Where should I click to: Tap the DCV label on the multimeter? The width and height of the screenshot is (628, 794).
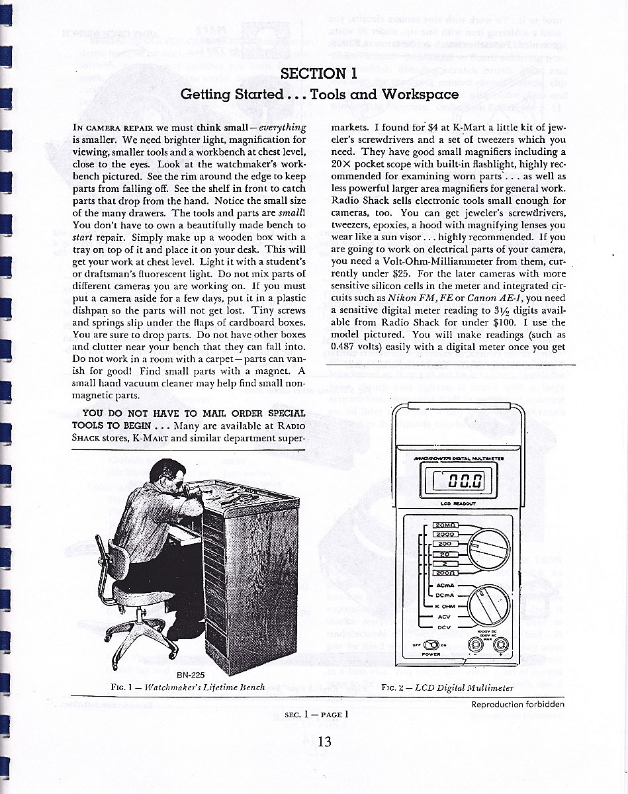click(x=443, y=625)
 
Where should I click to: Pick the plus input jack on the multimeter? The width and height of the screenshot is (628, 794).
click(x=501, y=643)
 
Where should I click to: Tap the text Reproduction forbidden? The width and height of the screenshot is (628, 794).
click(x=518, y=704)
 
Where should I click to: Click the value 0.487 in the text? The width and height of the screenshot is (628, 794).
click(x=344, y=346)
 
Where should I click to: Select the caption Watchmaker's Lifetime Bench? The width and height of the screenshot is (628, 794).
click(x=205, y=687)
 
